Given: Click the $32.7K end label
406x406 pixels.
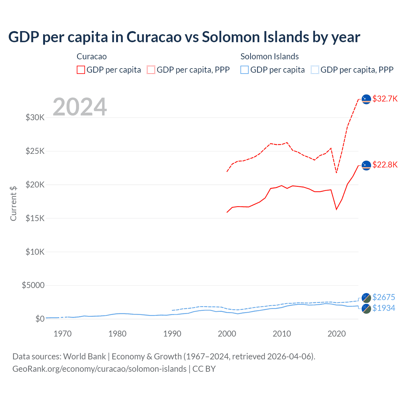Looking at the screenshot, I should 385,99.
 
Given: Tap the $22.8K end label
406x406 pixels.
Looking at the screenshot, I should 385,165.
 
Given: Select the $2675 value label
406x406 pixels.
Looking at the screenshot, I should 383,297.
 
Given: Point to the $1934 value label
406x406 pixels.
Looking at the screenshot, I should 383,308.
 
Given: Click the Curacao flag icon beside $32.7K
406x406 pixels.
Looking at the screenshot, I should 366,99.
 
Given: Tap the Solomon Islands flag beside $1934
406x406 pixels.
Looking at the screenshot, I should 366,309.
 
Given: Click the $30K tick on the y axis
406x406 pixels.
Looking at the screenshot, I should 35,118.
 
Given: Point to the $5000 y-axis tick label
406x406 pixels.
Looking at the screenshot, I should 33,285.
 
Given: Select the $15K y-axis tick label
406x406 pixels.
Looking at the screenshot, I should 35,218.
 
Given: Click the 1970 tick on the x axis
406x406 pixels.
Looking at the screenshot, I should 62,334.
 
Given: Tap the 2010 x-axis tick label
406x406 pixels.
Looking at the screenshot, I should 282,334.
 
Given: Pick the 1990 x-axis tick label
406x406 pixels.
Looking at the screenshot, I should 172,334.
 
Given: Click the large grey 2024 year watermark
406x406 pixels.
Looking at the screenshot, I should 80,107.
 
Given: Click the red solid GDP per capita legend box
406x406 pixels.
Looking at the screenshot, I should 81,70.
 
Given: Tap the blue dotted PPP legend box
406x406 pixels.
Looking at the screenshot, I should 315,70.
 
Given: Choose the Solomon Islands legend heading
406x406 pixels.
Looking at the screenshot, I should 270,56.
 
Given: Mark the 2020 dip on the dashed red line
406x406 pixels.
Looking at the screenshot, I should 337,173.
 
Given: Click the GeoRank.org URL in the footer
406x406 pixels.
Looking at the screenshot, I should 99,369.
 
